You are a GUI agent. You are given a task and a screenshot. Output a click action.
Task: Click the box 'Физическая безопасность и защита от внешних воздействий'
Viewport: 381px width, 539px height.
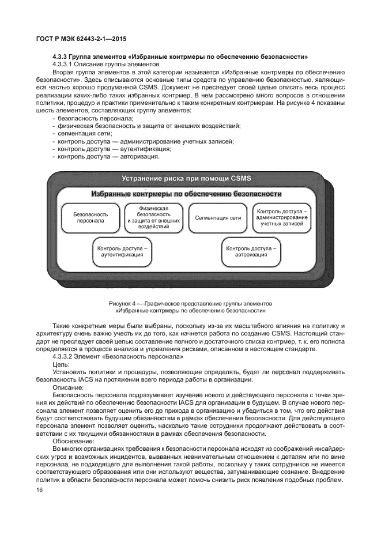[153, 217]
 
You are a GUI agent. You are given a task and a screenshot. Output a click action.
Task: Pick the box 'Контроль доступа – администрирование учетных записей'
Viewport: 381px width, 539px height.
[282, 217]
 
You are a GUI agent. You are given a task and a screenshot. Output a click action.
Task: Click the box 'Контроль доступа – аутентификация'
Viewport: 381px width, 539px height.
[122, 251]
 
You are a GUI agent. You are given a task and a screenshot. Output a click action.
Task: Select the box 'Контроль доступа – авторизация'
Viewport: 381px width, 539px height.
[251, 251]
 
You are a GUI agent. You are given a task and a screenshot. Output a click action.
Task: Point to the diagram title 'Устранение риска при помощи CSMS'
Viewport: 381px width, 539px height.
[186, 179]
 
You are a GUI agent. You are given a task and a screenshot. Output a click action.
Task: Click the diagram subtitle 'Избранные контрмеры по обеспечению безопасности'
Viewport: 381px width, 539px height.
[186, 194]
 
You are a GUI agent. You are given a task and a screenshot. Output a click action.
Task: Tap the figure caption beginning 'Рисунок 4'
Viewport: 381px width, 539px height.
[190, 306]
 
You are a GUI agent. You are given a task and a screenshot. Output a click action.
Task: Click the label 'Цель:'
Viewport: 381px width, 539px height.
[61, 364]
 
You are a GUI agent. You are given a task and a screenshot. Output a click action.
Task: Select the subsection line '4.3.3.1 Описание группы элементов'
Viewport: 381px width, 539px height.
[101, 65]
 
